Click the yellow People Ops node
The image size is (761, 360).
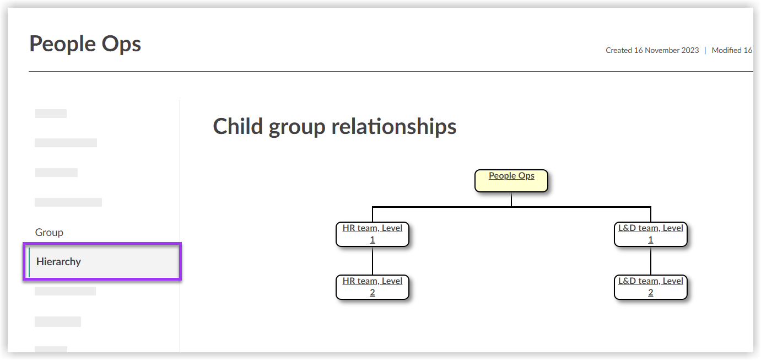(x=511, y=180)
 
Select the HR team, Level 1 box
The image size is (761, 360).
(x=373, y=234)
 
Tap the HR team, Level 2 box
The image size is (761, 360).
(x=373, y=287)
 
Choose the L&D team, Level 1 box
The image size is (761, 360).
(x=650, y=234)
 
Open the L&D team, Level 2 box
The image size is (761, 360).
(x=650, y=287)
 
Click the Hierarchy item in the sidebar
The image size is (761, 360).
(x=58, y=262)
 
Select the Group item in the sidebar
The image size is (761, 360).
(x=49, y=233)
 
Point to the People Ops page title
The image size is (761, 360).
(x=85, y=44)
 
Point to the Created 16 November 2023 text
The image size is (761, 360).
(x=652, y=50)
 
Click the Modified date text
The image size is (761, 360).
(x=732, y=50)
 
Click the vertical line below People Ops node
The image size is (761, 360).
(x=511, y=199)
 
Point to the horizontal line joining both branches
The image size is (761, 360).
(x=441, y=207)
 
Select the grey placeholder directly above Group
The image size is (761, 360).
(x=68, y=202)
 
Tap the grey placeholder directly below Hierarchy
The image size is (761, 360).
(x=65, y=291)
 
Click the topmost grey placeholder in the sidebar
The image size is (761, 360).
(x=51, y=114)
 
